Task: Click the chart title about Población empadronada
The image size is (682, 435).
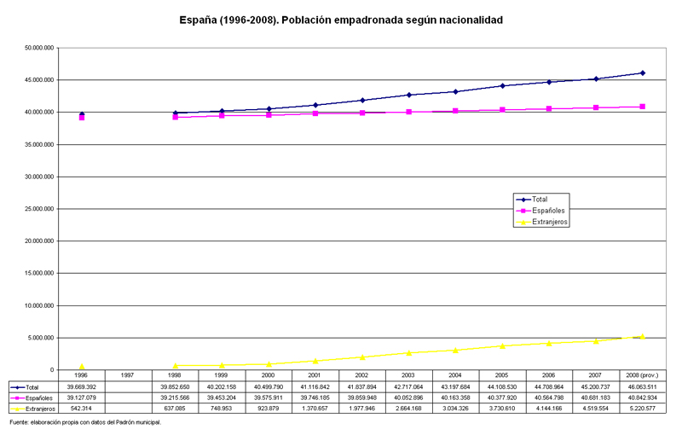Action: coord(341,20)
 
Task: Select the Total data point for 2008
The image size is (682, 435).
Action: coord(643,73)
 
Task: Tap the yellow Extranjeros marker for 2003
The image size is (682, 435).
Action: coord(409,353)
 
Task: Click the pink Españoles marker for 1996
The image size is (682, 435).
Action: coord(81,118)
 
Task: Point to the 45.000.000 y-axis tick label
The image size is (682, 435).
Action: coord(39,80)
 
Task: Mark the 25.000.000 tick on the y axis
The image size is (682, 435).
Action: coord(39,209)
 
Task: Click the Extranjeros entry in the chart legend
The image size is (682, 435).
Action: coord(542,222)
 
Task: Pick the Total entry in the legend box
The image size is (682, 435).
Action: coord(532,200)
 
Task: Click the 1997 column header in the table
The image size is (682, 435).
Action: coord(127,375)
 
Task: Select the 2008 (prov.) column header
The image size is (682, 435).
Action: coord(643,375)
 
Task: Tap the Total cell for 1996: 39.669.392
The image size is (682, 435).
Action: coord(81,386)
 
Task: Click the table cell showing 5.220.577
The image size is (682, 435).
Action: coord(643,409)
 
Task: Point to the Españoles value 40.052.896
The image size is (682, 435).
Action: coord(409,397)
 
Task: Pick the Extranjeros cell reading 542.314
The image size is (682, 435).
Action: coord(81,409)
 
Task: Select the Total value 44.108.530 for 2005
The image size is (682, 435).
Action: coord(502,386)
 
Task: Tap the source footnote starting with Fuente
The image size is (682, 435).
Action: coord(85,422)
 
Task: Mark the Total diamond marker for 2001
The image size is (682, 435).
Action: coord(315,105)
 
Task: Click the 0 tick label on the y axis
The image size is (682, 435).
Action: coord(52,370)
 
